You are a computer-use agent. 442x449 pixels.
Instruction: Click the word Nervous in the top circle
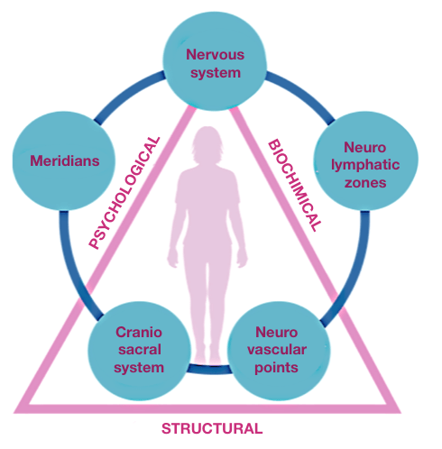215,54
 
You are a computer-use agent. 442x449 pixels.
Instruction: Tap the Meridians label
65,160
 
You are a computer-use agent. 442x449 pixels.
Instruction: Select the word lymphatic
365,166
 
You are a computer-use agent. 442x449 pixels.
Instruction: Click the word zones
365,183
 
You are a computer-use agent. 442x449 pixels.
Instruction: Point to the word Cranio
139,332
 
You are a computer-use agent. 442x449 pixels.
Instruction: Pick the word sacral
140,350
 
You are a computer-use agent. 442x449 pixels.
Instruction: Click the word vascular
277,350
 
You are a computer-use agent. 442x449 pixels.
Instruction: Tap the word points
276,368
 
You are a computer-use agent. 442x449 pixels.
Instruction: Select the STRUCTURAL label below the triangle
212,428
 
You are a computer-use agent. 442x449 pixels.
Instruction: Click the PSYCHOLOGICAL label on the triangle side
124,193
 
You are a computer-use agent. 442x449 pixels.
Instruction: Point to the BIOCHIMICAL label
295,185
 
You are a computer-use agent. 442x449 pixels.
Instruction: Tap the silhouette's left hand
172,258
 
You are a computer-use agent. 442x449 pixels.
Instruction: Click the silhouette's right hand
242,258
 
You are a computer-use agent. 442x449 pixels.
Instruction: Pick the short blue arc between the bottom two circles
209,370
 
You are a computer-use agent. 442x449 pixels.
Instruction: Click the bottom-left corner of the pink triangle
14,412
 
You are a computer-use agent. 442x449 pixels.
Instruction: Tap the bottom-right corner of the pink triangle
401,412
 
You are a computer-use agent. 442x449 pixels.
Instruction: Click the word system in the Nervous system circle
216,73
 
